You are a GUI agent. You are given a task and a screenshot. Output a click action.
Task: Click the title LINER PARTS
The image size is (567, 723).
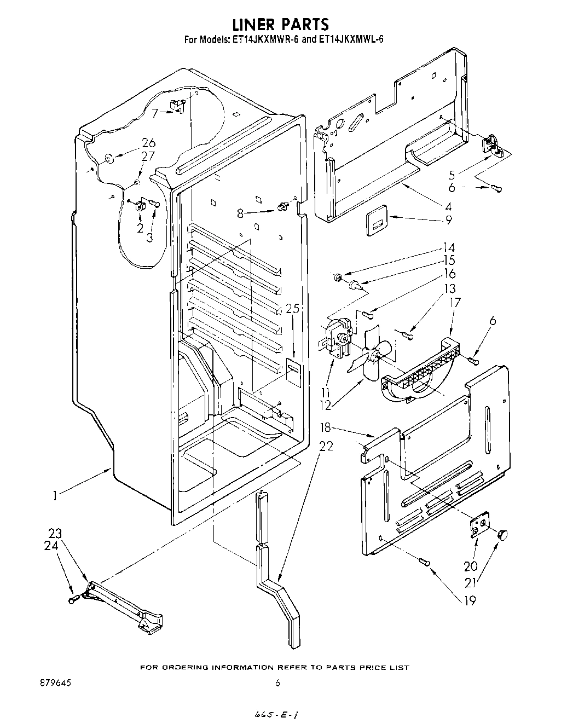click(281, 24)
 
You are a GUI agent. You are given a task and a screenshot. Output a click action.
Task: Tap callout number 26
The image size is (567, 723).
click(148, 143)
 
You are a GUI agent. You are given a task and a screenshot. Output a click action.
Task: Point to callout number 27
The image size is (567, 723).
click(148, 156)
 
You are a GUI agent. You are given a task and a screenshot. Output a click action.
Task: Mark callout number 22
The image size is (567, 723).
click(326, 446)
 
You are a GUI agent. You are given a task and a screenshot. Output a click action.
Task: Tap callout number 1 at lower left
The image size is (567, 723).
click(55, 496)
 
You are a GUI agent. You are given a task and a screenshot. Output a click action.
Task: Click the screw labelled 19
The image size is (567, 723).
click(425, 561)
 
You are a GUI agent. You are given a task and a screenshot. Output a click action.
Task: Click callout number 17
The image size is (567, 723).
click(455, 302)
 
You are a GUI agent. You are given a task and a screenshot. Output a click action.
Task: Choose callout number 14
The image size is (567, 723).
click(449, 247)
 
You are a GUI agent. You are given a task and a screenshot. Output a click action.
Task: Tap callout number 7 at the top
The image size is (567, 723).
click(154, 114)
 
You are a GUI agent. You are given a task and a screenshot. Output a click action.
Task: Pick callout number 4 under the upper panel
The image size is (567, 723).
click(448, 207)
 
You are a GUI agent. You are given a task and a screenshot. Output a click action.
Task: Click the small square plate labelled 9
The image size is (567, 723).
click(375, 219)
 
